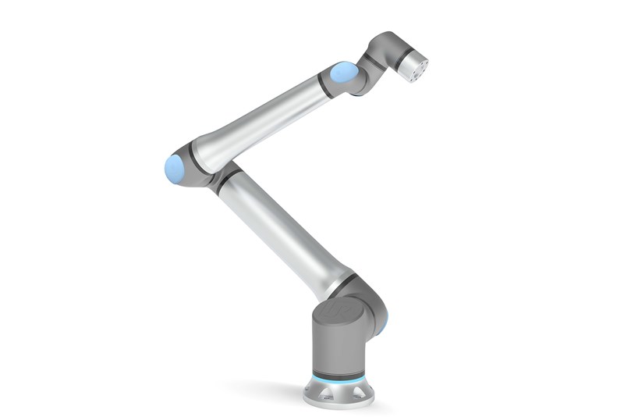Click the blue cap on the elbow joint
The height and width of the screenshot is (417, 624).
175,169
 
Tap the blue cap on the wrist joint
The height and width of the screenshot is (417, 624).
343,73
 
